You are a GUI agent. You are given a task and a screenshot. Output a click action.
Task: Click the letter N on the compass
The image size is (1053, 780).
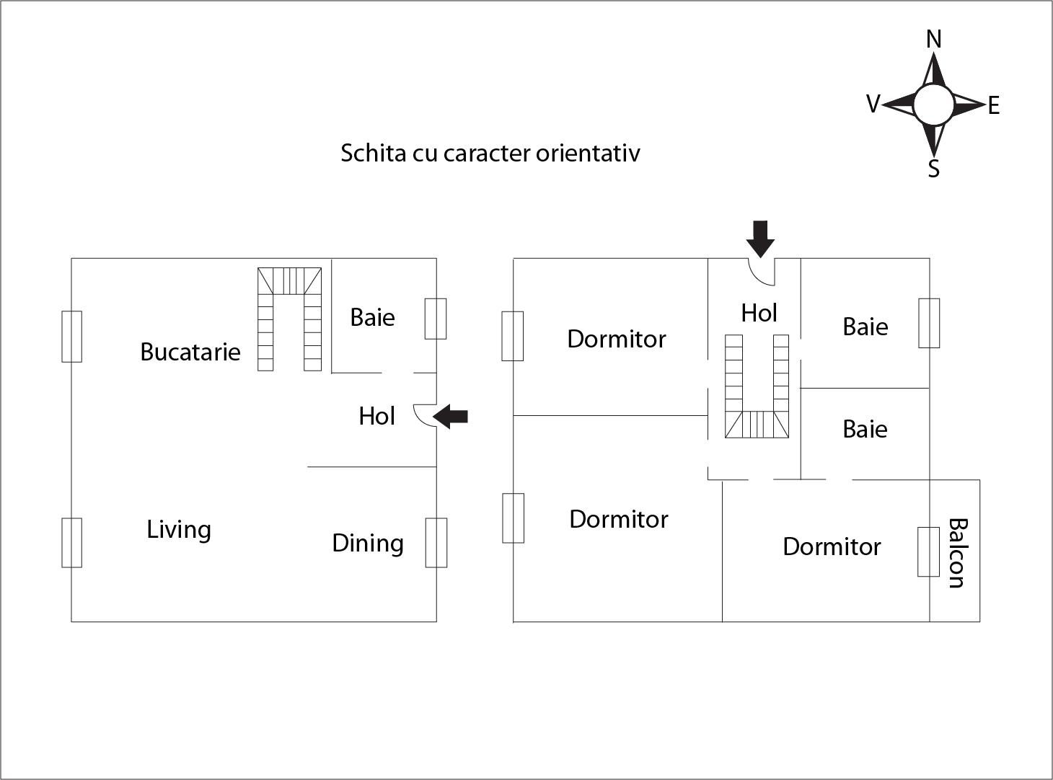[x=934, y=39]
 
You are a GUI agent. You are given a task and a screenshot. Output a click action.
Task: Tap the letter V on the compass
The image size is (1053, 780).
[x=873, y=105]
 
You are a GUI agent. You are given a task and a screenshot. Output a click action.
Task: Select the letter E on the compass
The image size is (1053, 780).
[x=994, y=106]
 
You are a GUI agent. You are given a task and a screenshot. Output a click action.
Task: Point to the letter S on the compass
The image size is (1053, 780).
[x=934, y=169]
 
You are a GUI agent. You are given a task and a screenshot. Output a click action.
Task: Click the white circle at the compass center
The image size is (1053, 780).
[x=934, y=105]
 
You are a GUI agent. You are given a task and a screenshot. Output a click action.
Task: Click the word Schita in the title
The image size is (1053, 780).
[x=374, y=153]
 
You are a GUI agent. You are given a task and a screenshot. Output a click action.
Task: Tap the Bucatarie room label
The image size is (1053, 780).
[x=190, y=352]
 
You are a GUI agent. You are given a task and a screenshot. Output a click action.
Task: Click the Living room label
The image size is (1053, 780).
[x=179, y=530]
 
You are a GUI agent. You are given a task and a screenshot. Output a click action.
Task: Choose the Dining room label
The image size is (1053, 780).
[x=368, y=543]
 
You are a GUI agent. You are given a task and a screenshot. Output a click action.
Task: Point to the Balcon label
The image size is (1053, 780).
[x=956, y=553]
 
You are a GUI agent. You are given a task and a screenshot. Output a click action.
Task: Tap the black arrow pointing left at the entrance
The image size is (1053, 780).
[x=451, y=416]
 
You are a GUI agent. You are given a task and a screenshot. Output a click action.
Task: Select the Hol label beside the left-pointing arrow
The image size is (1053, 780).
[x=376, y=416]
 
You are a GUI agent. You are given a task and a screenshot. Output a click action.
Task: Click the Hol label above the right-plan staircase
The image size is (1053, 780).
[x=759, y=313]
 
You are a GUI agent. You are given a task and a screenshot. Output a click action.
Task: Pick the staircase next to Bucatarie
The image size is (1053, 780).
[x=290, y=319]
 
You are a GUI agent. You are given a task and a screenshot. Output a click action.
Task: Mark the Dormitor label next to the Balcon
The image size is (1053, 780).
[x=832, y=546]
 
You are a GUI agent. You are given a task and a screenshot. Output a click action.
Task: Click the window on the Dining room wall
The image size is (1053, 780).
[x=436, y=543]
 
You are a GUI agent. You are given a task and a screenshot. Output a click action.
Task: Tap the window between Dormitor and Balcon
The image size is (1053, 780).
[x=928, y=552]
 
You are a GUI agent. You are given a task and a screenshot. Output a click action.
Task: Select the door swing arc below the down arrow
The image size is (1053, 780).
[x=759, y=272]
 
